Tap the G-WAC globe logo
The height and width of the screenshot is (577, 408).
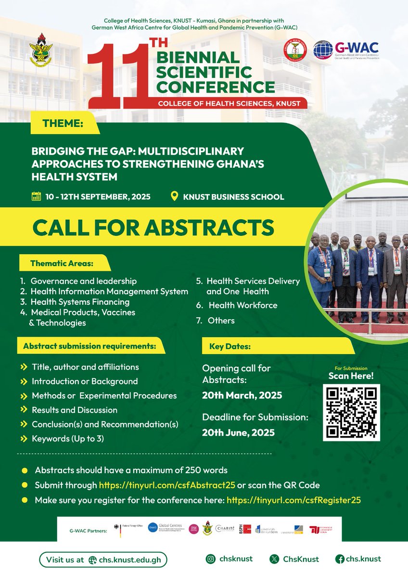pyautogui.click(x=323, y=50)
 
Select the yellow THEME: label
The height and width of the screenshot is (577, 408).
pyautogui.click(x=63, y=124)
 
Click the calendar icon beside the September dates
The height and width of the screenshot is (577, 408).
pyautogui.click(x=36, y=196)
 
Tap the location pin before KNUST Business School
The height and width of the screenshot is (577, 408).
pyautogui.click(x=175, y=196)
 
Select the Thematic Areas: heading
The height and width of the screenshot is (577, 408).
pyautogui.click(x=62, y=263)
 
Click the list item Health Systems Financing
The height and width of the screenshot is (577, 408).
pyautogui.click(x=80, y=302)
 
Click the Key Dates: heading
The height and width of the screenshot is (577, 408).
pyautogui.click(x=229, y=346)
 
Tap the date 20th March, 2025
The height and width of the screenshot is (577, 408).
pyautogui.click(x=242, y=396)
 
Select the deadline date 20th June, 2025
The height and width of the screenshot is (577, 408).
pyautogui.click(x=238, y=432)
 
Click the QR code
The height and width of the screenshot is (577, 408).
pyautogui.click(x=351, y=413)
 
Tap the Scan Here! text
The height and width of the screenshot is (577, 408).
pyautogui.click(x=351, y=376)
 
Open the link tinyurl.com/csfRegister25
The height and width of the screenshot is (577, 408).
pyautogui.click(x=293, y=500)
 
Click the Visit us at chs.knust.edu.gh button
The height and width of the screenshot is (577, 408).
pyautogui.click(x=103, y=560)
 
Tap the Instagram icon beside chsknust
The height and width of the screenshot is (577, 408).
pyautogui.click(x=211, y=559)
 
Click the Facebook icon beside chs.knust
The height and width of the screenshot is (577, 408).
pyautogui.click(x=339, y=559)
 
